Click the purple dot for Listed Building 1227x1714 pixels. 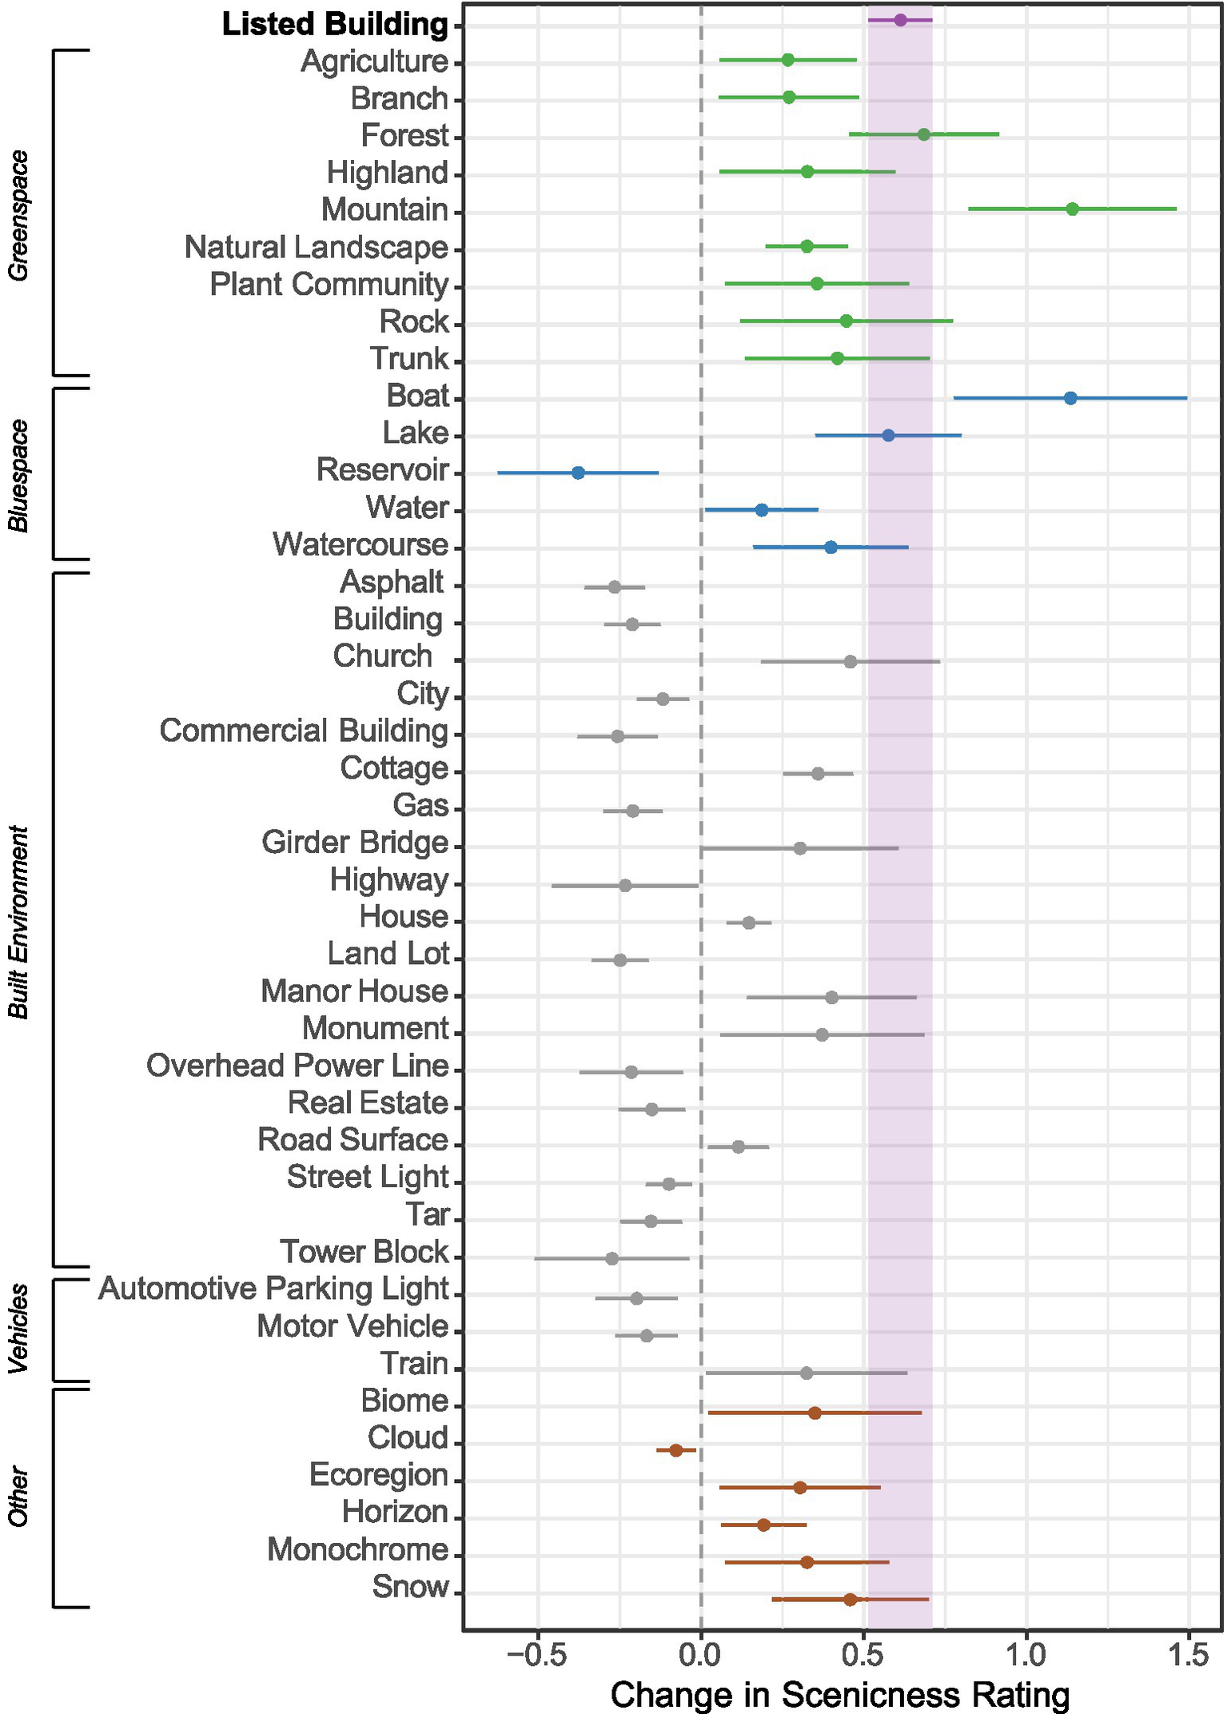click(x=900, y=20)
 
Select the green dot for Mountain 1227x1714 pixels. click(x=1072, y=209)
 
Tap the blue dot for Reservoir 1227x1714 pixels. click(x=578, y=473)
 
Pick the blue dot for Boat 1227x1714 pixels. click(x=1070, y=398)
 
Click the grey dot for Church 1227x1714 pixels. click(x=850, y=662)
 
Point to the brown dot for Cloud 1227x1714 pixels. click(x=675, y=1450)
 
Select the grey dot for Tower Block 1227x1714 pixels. click(x=612, y=1258)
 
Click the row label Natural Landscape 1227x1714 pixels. click(x=316, y=248)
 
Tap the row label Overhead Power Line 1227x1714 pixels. click(x=297, y=1066)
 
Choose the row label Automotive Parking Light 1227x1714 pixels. click(x=273, y=1289)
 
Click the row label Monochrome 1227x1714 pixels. click(x=357, y=1549)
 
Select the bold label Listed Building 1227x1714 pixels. click(x=335, y=25)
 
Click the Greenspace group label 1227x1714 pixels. click(x=18, y=216)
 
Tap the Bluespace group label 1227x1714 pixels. click(x=18, y=475)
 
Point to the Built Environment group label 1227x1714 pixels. click(x=18, y=922)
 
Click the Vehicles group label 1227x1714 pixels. click(x=18, y=1329)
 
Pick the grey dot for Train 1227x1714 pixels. click(x=806, y=1373)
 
